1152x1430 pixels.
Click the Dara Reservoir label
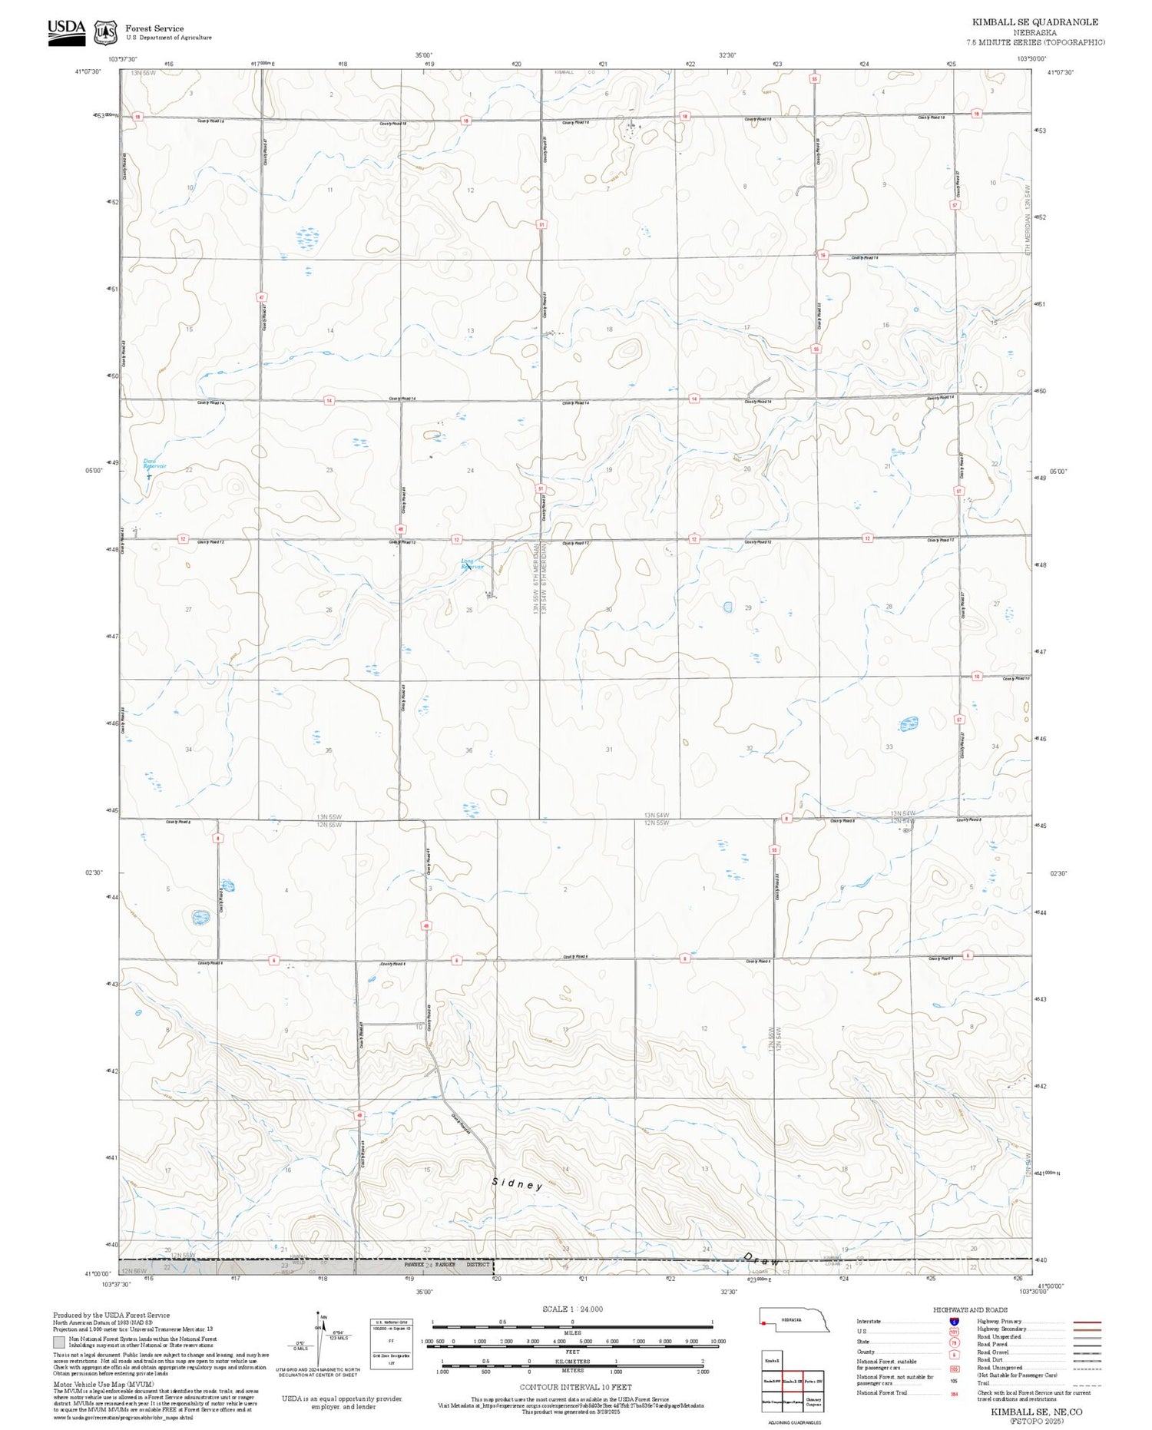click(x=154, y=463)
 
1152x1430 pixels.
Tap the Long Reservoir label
click(x=472, y=564)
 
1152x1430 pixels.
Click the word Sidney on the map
click(x=518, y=1184)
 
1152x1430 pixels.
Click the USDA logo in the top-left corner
click(x=66, y=31)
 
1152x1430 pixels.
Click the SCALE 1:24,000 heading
click(x=572, y=1309)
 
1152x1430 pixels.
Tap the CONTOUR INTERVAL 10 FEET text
click(x=575, y=1387)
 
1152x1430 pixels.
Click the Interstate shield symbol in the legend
click(x=954, y=1321)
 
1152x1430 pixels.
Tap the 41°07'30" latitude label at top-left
click(x=88, y=71)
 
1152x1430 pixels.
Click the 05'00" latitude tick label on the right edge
click(x=1058, y=472)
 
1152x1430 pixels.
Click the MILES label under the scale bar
click(x=572, y=1332)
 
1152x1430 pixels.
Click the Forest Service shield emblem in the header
click(x=105, y=32)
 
